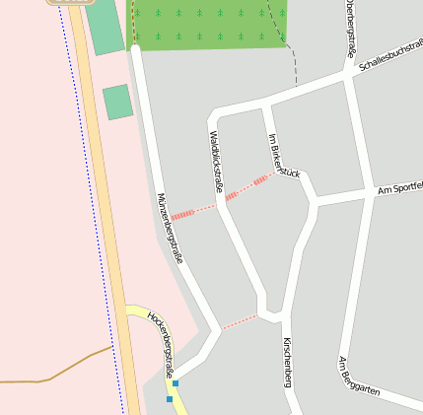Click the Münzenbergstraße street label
[x=170, y=228]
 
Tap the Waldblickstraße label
[x=217, y=161]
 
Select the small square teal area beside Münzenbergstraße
[x=117, y=102]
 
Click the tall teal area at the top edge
[x=104, y=26]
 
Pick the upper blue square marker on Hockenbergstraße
[x=176, y=382]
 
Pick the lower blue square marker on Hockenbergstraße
[x=170, y=399]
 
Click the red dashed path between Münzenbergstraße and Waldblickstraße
[x=192, y=212]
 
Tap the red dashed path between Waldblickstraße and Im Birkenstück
[x=247, y=187]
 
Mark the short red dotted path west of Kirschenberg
[x=239, y=321]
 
